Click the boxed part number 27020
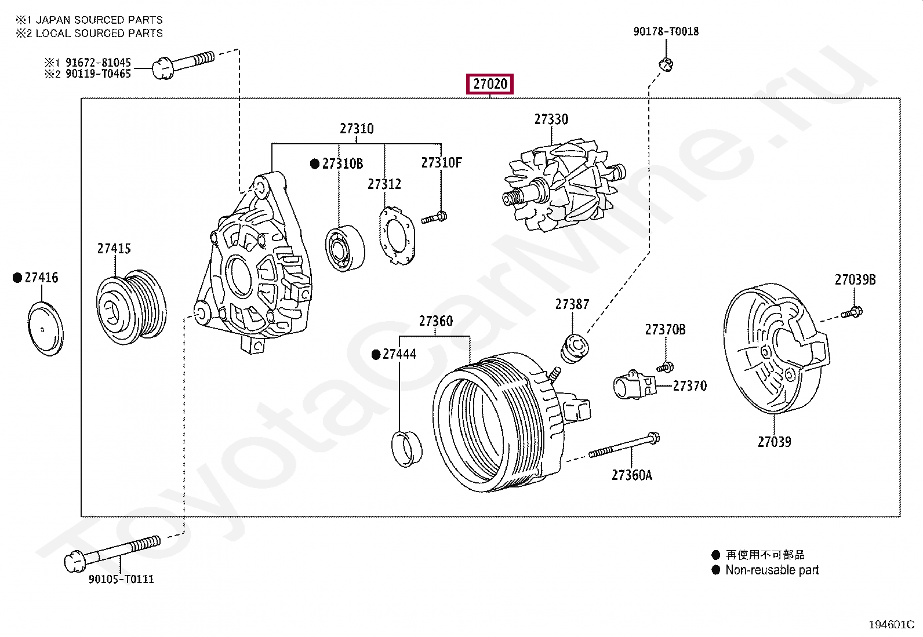490,85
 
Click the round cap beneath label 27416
45,328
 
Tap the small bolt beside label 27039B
853,314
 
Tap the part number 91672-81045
98,62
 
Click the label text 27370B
665,330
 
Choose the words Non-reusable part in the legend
772,570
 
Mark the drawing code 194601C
891,624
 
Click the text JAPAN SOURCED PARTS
99,20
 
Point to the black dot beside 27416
17,278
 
